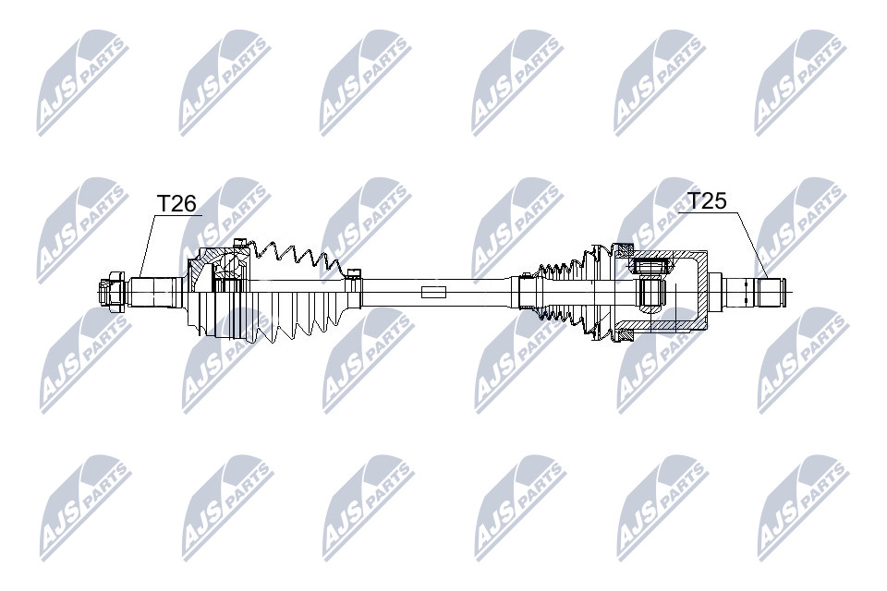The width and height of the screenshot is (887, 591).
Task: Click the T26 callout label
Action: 176,203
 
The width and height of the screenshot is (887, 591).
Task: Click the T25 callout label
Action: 707,200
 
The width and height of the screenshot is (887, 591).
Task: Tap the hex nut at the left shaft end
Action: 112,292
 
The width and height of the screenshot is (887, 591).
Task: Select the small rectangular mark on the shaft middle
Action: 434,292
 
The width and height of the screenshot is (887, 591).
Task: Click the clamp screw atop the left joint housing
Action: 240,243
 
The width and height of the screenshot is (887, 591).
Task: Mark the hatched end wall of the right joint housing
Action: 702,291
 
